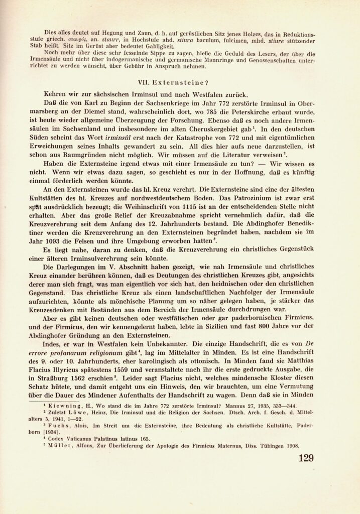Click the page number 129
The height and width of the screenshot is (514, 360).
tap(305, 458)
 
